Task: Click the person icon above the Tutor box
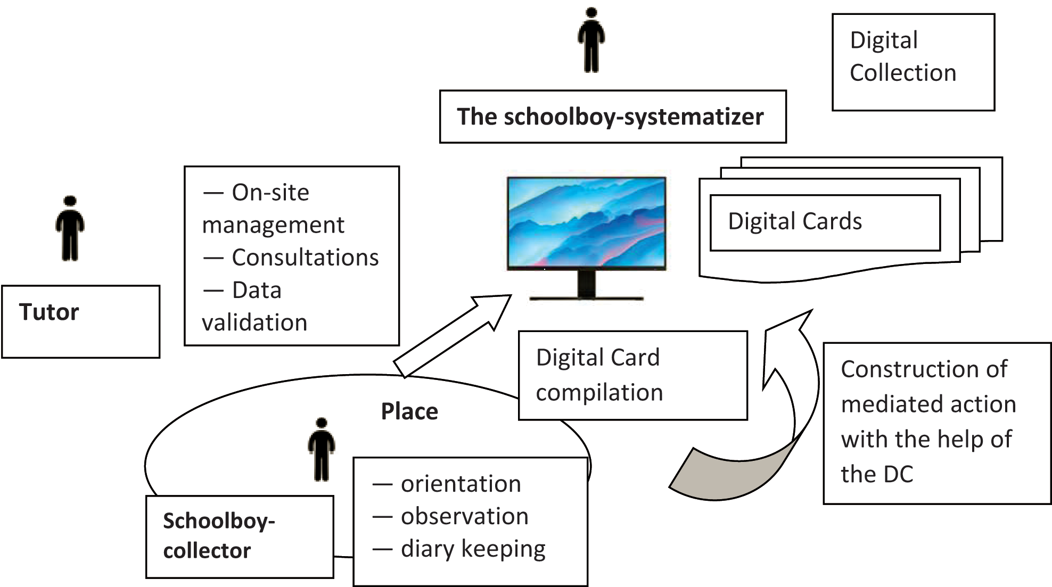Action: point(70,228)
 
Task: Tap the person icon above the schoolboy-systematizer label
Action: point(591,40)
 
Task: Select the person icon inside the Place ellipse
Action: point(322,450)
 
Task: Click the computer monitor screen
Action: point(586,222)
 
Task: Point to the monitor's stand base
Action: point(586,297)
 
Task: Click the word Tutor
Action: point(49,312)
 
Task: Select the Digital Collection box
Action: point(913,62)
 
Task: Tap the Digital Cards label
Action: point(795,221)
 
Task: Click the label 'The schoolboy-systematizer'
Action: point(610,117)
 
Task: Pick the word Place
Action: point(409,411)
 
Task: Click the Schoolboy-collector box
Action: point(240,536)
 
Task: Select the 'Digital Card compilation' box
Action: point(632,375)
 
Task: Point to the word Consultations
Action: point(305,258)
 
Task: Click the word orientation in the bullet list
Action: point(461,484)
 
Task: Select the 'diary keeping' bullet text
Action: point(473,549)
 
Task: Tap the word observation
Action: point(464,516)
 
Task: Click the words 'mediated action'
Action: point(928,404)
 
